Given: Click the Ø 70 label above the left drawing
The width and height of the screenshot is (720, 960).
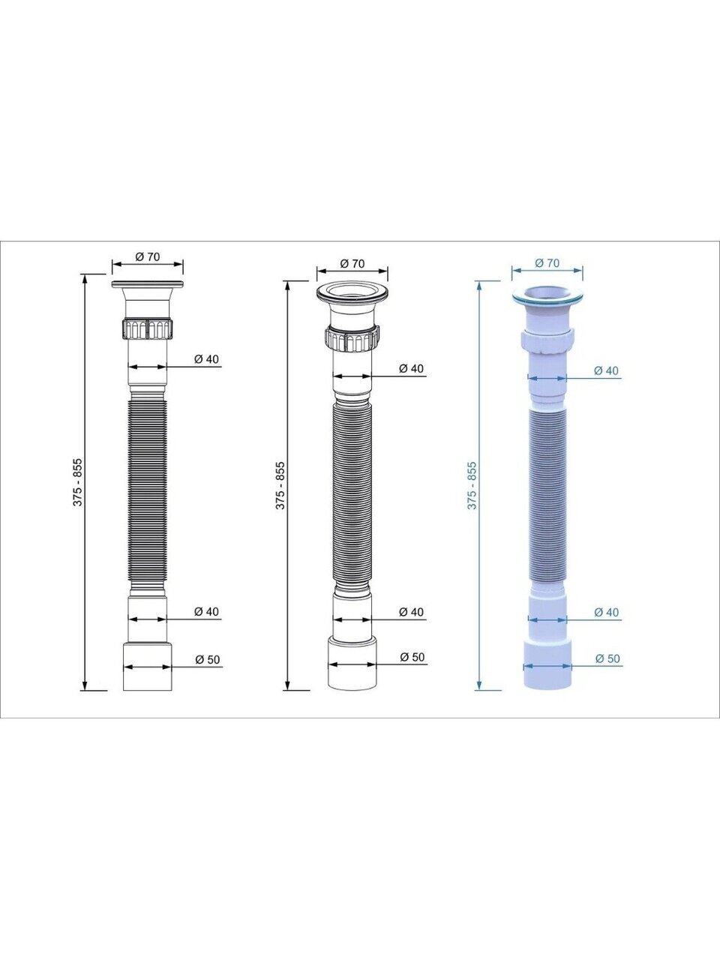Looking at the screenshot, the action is pos(147,256).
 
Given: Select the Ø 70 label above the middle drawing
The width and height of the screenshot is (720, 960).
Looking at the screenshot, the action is pos(352,263).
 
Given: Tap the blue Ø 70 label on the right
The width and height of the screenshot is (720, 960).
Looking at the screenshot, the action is pos(547,262).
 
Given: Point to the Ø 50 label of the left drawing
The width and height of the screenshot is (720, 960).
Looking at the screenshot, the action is pos(207,658).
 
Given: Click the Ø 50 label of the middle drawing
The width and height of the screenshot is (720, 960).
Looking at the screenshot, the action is pos(412,656).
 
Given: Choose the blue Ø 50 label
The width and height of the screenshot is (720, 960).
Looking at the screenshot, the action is pos(607,658).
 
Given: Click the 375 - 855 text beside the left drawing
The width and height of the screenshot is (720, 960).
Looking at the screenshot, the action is pos(77,482).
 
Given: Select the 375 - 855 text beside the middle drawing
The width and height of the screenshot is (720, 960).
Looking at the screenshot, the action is pos(280,484).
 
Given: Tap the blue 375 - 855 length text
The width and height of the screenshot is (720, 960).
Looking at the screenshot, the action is pos(472,485).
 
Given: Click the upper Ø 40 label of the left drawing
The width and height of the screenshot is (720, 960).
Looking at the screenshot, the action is pos(206,358).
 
